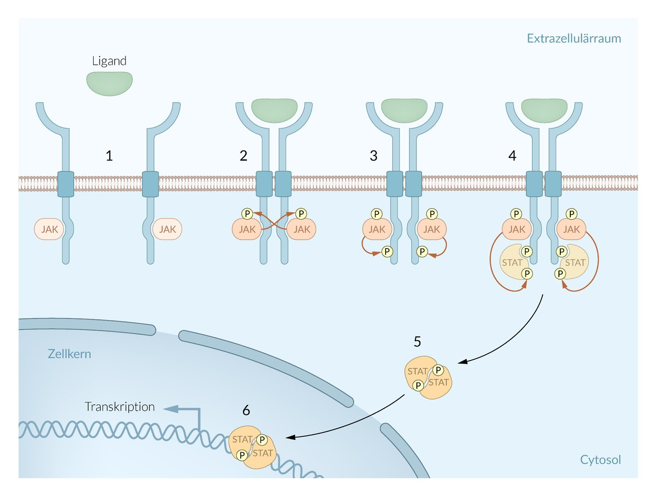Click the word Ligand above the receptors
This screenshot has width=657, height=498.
point(109,61)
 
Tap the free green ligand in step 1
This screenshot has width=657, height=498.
point(110,83)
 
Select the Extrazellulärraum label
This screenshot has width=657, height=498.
point(573,38)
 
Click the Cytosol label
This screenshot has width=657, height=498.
point(600,460)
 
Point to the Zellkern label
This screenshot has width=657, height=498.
point(69,354)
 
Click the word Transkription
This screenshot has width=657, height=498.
point(120,407)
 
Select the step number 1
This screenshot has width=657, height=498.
point(109,156)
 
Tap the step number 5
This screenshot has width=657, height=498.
point(417,342)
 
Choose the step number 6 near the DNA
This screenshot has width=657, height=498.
point(246,410)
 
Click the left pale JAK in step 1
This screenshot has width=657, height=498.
point(49,229)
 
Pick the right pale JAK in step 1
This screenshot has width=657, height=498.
point(167,229)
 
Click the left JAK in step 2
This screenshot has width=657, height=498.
point(247,230)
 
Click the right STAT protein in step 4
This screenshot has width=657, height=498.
point(575,263)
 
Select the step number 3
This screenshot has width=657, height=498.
point(374,156)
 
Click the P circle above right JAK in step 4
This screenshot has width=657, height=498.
point(571,214)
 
